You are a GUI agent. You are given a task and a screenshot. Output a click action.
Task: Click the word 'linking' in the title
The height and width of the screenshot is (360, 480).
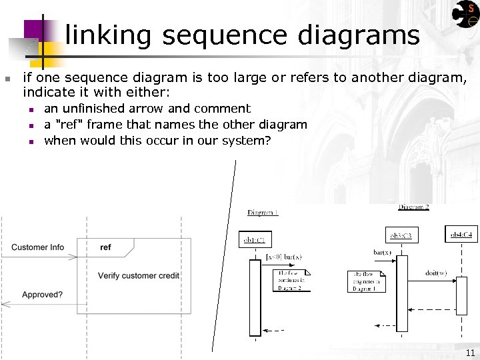point(109,35)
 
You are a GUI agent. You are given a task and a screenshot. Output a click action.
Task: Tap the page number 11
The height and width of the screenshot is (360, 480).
point(470,353)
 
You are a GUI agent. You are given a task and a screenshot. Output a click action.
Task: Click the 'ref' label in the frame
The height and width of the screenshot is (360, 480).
point(105,247)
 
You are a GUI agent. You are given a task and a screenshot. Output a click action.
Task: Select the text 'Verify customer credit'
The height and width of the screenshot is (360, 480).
point(139,276)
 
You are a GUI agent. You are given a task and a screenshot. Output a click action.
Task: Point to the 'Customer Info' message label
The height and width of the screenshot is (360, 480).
point(37,247)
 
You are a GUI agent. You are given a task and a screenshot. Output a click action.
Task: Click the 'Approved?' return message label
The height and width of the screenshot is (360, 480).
point(42,295)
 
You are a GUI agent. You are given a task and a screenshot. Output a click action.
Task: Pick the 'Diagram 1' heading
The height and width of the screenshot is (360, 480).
point(263,213)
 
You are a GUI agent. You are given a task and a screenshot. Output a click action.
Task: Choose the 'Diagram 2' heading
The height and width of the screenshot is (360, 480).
point(413,207)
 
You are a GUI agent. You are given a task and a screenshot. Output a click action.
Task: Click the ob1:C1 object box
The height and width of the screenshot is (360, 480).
point(255,239)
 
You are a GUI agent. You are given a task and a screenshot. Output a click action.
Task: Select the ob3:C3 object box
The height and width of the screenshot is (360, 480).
point(402,235)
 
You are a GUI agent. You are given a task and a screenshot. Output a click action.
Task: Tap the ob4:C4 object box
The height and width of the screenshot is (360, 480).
point(461,234)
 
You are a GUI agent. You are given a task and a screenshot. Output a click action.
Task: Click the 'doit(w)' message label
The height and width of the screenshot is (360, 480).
point(436,273)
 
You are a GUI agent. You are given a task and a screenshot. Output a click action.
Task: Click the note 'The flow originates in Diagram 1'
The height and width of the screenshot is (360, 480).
point(367,281)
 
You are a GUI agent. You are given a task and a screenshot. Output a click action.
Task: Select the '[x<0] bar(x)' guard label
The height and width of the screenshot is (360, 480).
point(283,257)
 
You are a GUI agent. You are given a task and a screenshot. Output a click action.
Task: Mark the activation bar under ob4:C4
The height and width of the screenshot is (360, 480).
point(461,295)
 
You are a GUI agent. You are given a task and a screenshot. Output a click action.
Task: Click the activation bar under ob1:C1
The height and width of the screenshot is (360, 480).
point(255,297)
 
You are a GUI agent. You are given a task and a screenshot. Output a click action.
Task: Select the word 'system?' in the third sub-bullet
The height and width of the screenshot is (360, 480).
point(247,141)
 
